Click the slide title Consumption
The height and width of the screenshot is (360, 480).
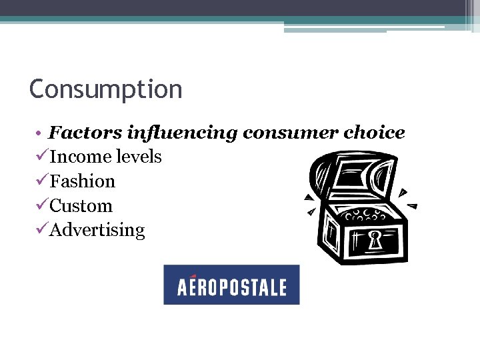click(105, 89)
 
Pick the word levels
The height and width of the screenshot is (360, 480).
click(139, 157)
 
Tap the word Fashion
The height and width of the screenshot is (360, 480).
click(82, 181)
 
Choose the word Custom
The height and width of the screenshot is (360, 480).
click(81, 206)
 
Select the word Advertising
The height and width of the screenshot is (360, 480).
click(97, 231)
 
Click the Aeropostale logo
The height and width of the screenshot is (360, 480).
click(231, 285)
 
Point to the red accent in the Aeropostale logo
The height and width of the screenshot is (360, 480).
click(193, 276)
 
